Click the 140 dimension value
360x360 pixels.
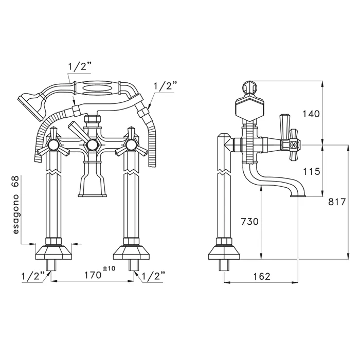311,114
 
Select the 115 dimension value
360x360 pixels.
311,171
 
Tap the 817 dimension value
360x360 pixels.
337,202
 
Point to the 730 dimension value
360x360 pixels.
249,222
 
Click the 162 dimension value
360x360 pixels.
262,277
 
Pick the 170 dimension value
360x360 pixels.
93,275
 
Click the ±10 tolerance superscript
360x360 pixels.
109,268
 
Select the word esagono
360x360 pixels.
15,214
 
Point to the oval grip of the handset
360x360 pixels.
97,87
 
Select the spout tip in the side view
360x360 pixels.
298,196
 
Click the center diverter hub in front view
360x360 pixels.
92,145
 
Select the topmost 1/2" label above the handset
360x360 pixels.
80,67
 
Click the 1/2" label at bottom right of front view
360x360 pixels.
154,276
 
